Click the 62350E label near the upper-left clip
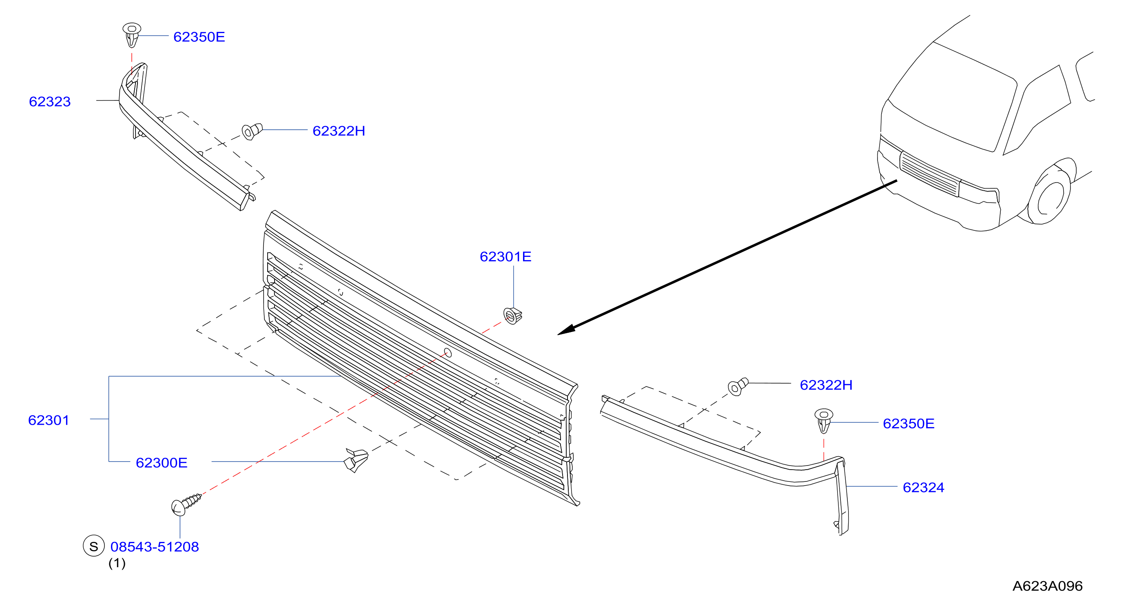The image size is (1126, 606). coord(199,37)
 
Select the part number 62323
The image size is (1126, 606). coord(50,102)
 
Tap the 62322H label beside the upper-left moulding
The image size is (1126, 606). coord(339,131)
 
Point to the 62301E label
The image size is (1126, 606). coord(505,256)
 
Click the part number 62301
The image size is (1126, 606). coord(49,420)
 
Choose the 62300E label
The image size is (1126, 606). coord(162,463)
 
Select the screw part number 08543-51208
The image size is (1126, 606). coord(155,546)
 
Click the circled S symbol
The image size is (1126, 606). coord(93,546)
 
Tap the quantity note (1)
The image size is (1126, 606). coord(117,563)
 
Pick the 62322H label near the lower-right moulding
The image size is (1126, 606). coord(826,385)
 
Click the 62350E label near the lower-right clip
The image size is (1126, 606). coord(909,423)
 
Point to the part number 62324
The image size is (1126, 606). coord(924,488)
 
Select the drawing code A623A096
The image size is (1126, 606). coord(1047,586)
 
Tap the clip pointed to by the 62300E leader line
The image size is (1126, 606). coord(356,460)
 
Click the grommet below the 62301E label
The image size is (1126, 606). coord(513,316)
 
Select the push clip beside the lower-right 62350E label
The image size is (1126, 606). coord(824,421)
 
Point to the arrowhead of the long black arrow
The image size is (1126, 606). coord(566,330)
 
